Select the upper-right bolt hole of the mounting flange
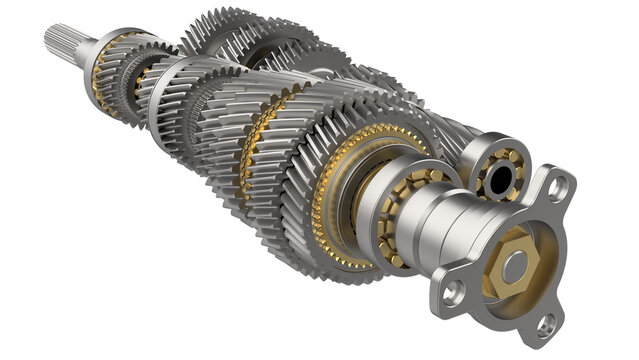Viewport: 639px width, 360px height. click(x=559, y=185)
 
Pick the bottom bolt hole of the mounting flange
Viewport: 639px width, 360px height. click(x=545, y=323)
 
